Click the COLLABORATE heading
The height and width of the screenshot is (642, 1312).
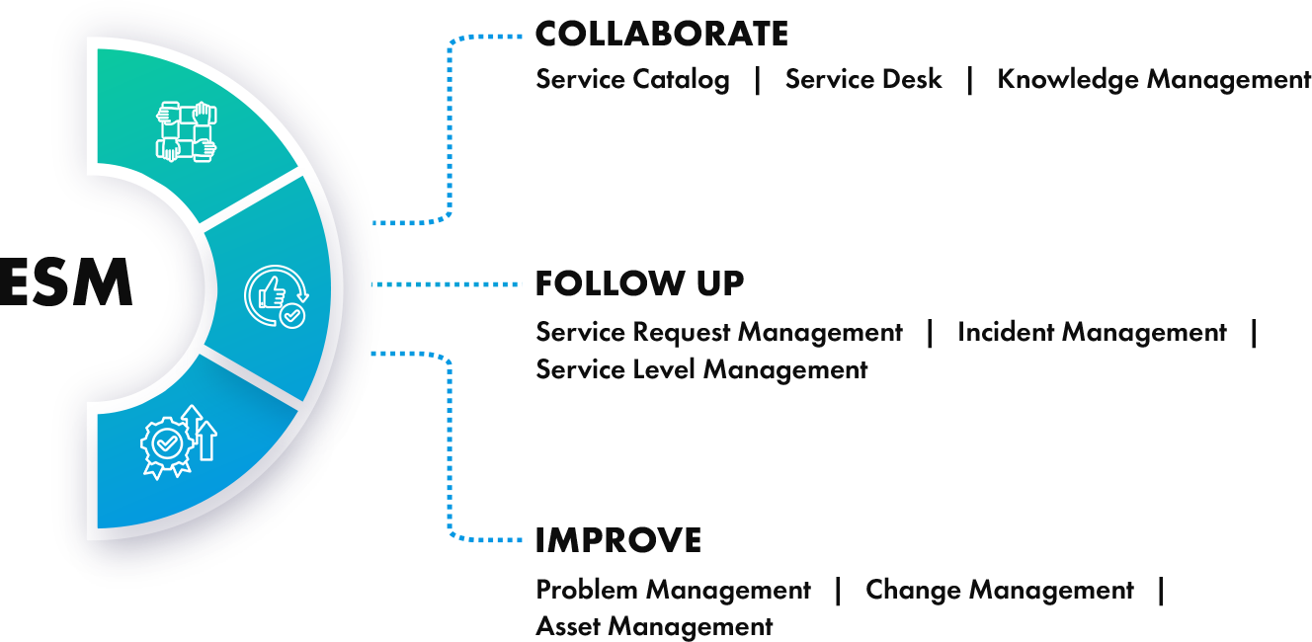click(661, 35)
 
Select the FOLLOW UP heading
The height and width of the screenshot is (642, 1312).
click(639, 284)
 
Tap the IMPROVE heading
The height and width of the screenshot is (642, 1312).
click(617, 540)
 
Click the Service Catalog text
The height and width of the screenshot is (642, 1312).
click(632, 80)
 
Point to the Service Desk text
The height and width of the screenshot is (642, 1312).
click(863, 80)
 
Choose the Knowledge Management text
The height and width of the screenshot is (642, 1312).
click(1153, 80)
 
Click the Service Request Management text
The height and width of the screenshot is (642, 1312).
click(719, 333)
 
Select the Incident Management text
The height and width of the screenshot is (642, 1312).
click(1092, 333)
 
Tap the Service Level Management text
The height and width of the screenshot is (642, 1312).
click(701, 370)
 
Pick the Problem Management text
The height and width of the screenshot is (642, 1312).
click(673, 591)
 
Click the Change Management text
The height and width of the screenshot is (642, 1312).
click(1000, 591)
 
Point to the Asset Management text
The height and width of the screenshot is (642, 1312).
click(654, 626)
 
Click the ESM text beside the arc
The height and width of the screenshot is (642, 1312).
click(65, 284)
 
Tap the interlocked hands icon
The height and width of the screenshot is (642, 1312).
click(186, 130)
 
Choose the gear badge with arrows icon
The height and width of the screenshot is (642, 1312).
click(179, 442)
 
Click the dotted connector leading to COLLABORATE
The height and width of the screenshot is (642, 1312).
click(451, 128)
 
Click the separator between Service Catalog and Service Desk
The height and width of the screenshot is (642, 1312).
click(758, 80)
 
